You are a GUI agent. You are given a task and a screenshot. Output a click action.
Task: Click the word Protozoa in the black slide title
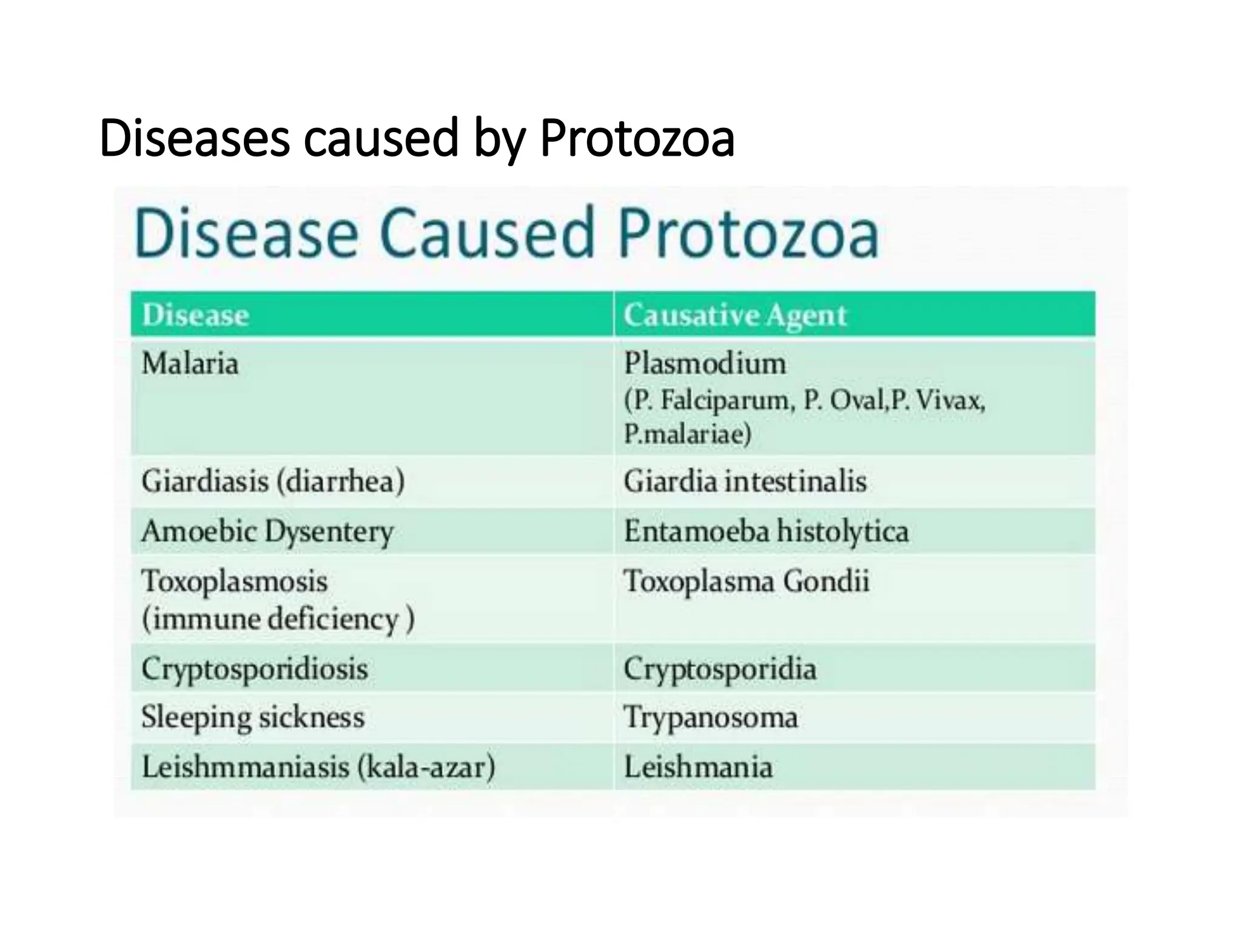pyautogui.click(x=637, y=138)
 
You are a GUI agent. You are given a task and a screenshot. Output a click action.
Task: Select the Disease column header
pyautogui.click(x=195, y=315)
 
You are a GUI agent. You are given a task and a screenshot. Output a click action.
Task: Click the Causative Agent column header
pyautogui.click(x=734, y=315)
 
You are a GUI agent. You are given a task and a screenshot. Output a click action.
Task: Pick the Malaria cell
pyautogui.click(x=190, y=364)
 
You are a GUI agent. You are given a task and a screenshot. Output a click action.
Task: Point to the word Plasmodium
pyautogui.click(x=705, y=364)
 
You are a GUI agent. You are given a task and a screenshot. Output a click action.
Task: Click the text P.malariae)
pyautogui.click(x=687, y=434)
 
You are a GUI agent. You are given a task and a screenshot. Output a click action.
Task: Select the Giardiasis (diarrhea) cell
pyautogui.click(x=273, y=482)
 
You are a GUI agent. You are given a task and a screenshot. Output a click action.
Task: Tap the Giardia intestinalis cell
pyautogui.click(x=745, y=482)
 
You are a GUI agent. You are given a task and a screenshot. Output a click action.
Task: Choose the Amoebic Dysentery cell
pyautogui.click(x=267, y=532)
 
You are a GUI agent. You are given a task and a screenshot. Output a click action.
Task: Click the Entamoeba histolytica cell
pyautogui.click(x=766, y=532)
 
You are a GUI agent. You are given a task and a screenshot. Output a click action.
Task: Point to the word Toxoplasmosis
pyautogui.click(x=235, y=581)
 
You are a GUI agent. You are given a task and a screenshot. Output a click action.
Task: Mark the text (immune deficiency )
pyautogui.click(x=278, y=619)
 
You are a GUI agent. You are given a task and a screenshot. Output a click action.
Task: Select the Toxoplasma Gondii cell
pyautogui.click(x=747, y=581)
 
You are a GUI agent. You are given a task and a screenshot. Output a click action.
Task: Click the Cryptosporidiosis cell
pyautogui.click(x=255, y=669)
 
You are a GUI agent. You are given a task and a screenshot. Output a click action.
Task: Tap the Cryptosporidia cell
pyautogui.click(x=720, y=669)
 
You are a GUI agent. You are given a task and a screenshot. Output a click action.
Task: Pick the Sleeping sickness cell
pyautogui.click(x=253, y=718)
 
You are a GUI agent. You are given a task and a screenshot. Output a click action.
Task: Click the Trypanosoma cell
pyautogui.click(x=711, y=718)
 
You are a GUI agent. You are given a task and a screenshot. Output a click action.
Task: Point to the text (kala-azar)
pyautogui.click(x=426, y=767)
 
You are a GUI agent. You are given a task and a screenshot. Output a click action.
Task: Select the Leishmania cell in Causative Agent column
pyautogui.click(x=698, y=767)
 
